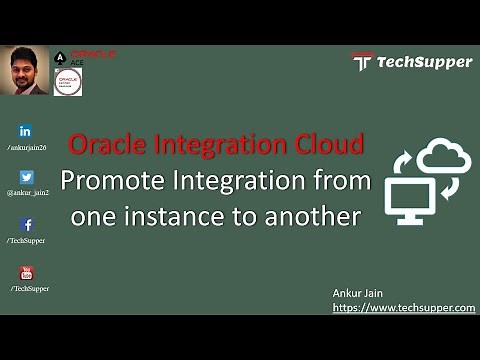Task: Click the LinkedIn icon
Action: (26, 131)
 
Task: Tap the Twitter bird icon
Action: (27, 177)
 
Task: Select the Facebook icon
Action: (27, 225)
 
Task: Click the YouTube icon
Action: (27, 273)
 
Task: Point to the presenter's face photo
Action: (24, 72)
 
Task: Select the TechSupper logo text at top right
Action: (423, 62)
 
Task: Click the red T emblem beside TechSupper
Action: (362, 62)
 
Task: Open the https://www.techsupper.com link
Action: (403, 308)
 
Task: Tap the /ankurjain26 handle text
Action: (27, 147)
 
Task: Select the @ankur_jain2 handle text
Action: (29, 193)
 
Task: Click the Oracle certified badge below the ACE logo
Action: (67, 82)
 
